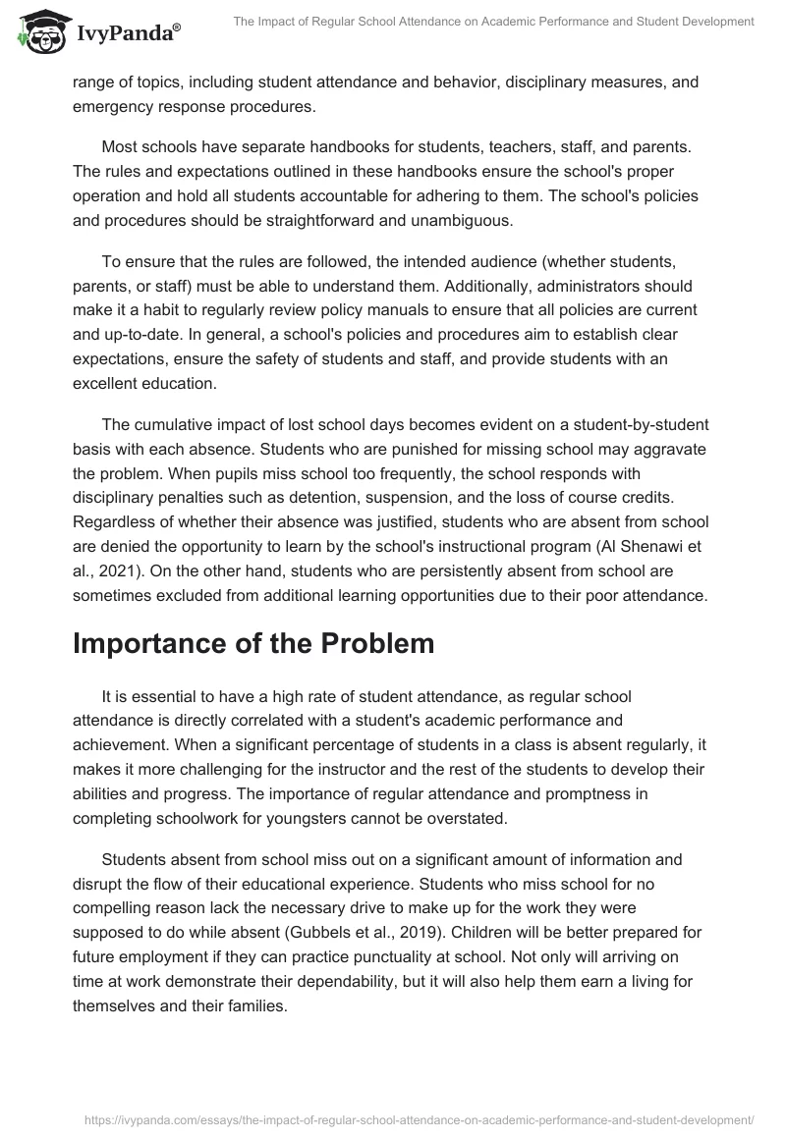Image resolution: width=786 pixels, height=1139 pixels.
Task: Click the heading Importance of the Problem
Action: tap(253, 643)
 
